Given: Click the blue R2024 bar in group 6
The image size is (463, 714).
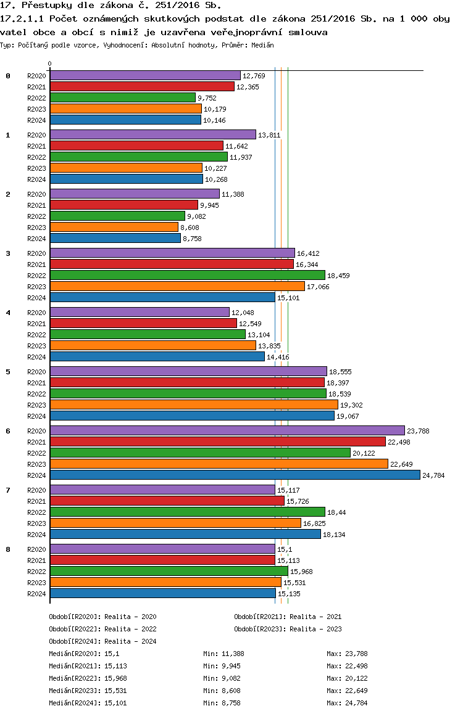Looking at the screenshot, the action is click(x=235, y=475).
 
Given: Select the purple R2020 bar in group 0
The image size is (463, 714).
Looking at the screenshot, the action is click(x=145, y=76).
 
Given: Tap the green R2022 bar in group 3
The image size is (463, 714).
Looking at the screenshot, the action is click(x=187, y=276).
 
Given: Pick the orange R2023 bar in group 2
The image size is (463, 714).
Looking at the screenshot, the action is click(x=114, y=228).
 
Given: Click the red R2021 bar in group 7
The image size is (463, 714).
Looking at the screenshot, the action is click(x=167, y=501).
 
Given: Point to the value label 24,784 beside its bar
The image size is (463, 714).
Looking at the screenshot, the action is click(x=433, y=475).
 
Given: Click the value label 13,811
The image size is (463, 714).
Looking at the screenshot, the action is click(x=269, y=135).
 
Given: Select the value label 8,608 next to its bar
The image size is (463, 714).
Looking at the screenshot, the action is click(x=190, y=228).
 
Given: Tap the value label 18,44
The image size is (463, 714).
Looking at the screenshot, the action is click(x=336, y=513).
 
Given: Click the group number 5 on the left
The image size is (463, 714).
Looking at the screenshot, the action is click(x=8, y=372).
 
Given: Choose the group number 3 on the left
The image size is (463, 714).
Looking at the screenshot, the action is click(x=8, y=253).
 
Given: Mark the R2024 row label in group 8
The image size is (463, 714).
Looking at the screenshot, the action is click(x=36, y=594).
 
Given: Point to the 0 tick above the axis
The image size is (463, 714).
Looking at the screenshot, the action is click(x=49, y=64).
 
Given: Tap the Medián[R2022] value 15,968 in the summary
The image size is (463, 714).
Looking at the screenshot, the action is click(x=116, y=678).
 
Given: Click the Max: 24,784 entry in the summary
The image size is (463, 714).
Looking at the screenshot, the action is click(x=347, y=703).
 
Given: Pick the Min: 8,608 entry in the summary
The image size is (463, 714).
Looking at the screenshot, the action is click(x=222, y=691).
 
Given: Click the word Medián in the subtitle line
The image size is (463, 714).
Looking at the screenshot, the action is click(x=262, y=45).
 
